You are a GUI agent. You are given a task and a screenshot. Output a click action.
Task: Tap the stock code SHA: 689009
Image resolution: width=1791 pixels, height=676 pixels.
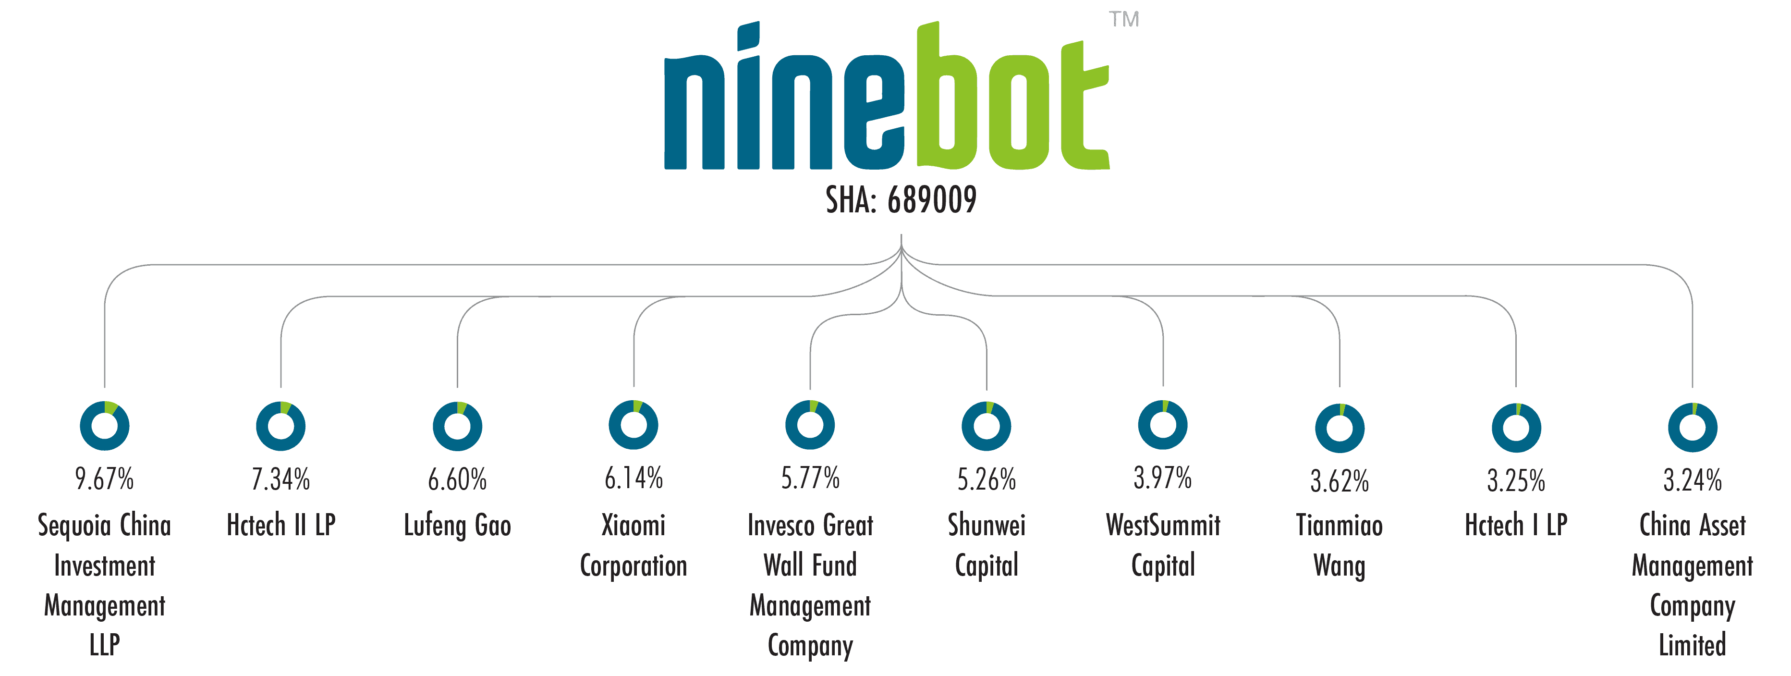(901, 200)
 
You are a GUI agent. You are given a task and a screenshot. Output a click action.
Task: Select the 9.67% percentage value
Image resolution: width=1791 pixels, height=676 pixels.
(104, 479)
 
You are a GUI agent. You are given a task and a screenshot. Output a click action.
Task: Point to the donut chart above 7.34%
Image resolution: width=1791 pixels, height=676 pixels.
(281, 426)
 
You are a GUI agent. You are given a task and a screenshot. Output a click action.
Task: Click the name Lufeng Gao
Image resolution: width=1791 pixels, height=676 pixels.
(458, 526)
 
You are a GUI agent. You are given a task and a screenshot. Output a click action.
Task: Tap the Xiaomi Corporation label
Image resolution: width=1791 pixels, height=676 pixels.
(634, 545)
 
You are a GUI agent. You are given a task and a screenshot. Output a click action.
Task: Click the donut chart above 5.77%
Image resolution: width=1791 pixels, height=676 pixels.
(810, 425)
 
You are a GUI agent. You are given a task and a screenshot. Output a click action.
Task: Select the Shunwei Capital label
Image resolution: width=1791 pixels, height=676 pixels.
(987, 545)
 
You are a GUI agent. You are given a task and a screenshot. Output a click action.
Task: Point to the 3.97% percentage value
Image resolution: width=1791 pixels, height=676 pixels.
(1162, 478)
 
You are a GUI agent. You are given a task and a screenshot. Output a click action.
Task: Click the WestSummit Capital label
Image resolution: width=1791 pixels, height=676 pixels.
(1163, 545)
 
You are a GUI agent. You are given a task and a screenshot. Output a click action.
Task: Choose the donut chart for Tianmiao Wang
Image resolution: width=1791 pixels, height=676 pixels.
(1340, 428)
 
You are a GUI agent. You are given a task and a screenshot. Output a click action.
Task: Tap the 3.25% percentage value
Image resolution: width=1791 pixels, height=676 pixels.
(1516, 480)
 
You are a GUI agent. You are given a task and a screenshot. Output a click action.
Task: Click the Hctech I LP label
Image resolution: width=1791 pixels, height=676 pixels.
(1516, 525)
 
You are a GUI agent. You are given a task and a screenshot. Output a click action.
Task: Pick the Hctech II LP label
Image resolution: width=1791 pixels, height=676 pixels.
(281, 525)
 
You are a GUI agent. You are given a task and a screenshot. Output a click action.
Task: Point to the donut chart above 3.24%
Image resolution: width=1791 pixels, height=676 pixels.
(1693, 427)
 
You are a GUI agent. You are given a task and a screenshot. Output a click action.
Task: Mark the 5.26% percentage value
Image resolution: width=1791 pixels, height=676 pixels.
(987, 479)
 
